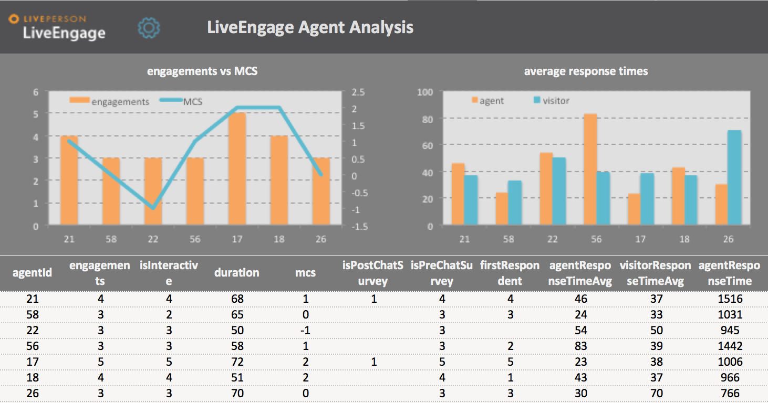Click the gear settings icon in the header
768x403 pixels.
click(149, 28)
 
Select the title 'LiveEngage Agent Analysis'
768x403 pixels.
click(310, 27)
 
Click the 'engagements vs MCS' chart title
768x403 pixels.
click(202, 71)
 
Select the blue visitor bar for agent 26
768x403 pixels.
click(734, 178)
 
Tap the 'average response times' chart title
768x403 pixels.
click(586, 71)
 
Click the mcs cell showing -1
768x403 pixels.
click(305, 330)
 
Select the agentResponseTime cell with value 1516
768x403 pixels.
click(730, 299)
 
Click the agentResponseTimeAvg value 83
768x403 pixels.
click(580, 346)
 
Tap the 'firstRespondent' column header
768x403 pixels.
click(510, 273)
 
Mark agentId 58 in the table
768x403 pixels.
click(33, 314)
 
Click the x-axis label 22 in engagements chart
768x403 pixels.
click(153, 239)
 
